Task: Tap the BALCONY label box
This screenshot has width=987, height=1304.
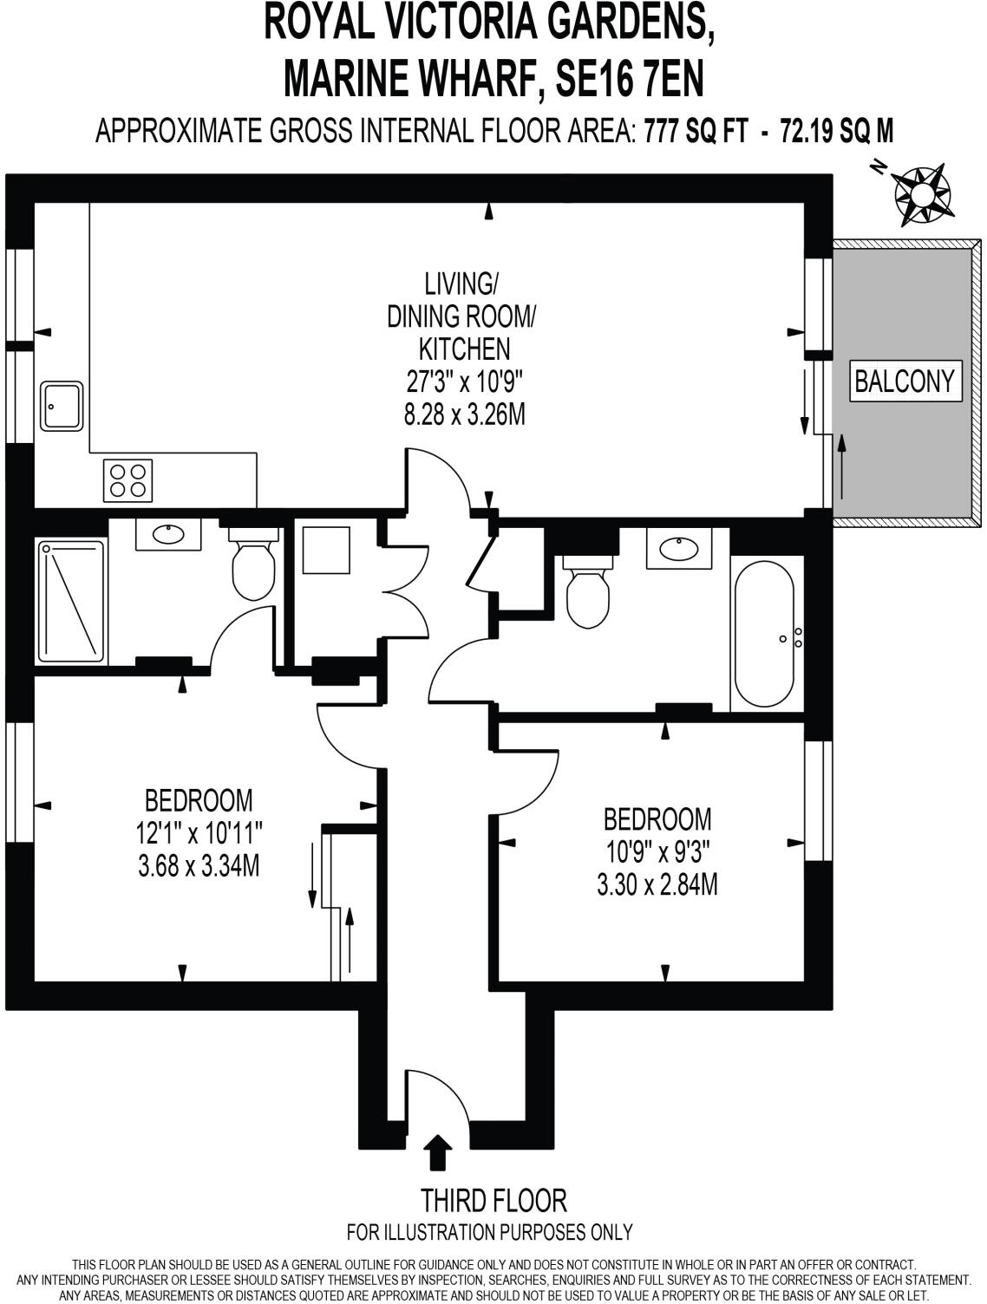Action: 905,381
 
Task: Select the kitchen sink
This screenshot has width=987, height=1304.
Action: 62,406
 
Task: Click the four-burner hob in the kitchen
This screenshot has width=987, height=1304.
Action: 128,479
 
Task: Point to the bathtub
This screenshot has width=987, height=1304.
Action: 763,632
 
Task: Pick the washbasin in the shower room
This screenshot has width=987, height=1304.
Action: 168,533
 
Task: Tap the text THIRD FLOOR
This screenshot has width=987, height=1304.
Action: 493,1201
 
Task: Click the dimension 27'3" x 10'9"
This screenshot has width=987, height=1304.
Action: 465,381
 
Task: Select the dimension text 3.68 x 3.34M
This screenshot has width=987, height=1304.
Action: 199,865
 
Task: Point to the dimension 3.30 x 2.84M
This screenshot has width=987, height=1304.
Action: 657,885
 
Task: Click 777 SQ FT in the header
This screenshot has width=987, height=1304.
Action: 696,131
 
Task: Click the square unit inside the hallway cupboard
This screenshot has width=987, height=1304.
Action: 326,550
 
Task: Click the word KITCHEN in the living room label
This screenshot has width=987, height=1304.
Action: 464,349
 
